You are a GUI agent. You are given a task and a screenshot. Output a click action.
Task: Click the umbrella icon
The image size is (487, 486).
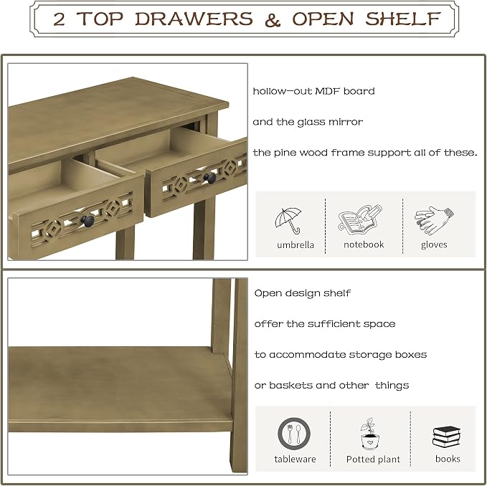[x=288, y=220]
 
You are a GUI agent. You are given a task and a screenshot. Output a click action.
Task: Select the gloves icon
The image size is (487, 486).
[x=434, y=220]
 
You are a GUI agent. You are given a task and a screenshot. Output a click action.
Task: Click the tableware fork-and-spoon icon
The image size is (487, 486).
[x=294, y=434]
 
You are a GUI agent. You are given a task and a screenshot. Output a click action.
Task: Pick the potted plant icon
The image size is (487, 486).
[x=369, y=434]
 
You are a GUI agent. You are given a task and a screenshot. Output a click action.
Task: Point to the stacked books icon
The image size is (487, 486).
[x=446, y=437]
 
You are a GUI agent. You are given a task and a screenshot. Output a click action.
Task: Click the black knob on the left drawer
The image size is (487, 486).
[x=88, y=221]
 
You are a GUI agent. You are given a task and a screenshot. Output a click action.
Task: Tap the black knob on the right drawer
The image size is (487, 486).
[x=210, y=178]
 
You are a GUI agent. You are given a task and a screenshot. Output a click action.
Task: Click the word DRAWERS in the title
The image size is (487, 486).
[x=194, y=19]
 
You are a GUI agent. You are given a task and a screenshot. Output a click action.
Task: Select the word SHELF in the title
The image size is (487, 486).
[x=403, y=19]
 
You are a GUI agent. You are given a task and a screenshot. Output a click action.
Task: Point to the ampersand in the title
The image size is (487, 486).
[x=273, y=19]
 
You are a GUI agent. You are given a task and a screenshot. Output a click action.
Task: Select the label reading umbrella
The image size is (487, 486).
[x=295, y=245]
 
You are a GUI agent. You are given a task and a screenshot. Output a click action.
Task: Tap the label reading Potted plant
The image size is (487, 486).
[x=373, y=459]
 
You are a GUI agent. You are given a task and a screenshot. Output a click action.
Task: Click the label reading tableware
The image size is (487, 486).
[x=295, y=459]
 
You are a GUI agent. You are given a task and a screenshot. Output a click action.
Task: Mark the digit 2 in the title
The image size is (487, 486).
[x=59, y=19]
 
